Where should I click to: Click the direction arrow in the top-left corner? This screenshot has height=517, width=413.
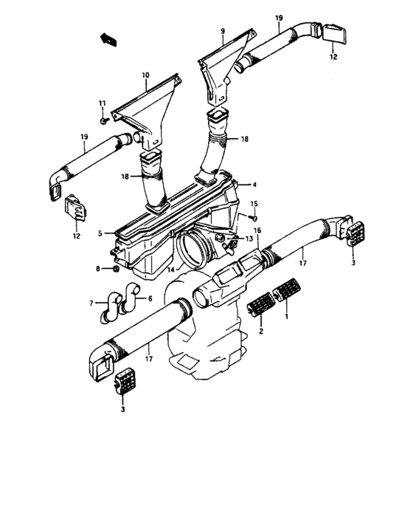pos(108,39)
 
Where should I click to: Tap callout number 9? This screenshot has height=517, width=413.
pos(223,31)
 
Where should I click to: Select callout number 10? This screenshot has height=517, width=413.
pos(145,75)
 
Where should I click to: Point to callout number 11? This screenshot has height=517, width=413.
pos(102,103)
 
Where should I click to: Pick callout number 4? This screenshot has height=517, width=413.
pos(254,185)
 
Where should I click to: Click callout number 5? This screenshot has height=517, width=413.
pos(100,233)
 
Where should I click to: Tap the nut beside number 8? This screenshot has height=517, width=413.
pos(116,269)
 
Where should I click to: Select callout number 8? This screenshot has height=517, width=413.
pos(98,269)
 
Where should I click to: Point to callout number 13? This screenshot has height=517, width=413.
pos(249,238)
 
